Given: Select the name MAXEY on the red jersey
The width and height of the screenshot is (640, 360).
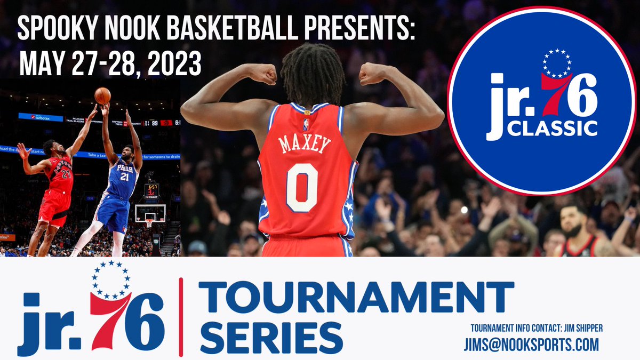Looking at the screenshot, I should (305, 144).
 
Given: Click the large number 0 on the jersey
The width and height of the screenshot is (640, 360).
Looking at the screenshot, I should (302, 187).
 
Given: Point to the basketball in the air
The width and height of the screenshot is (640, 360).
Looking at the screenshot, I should (102, 95).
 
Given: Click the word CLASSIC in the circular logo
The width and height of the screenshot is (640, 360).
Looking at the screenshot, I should (552, 128).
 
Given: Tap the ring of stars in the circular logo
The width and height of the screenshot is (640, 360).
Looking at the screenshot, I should (557, 63).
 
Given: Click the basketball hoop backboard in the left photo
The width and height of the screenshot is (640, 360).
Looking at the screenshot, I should (150, 213).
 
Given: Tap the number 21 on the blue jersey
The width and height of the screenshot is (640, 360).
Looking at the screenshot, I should (124, 177).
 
